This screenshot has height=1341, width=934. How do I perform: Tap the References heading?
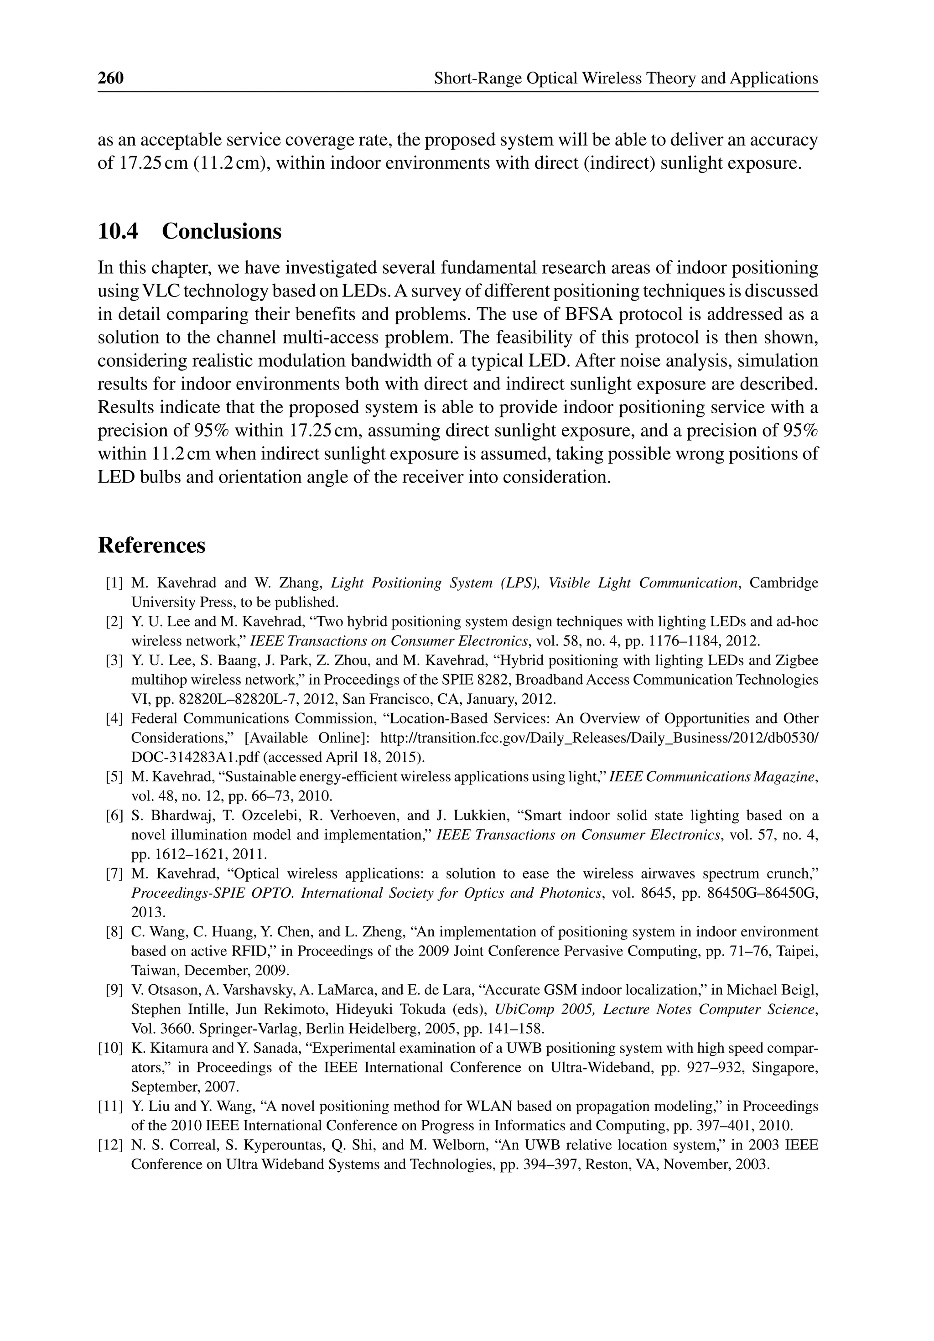click(x=151, y=545)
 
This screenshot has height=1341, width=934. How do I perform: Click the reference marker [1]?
click(x=114, y=583)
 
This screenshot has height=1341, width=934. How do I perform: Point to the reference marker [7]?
click(x=114, y=874)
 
